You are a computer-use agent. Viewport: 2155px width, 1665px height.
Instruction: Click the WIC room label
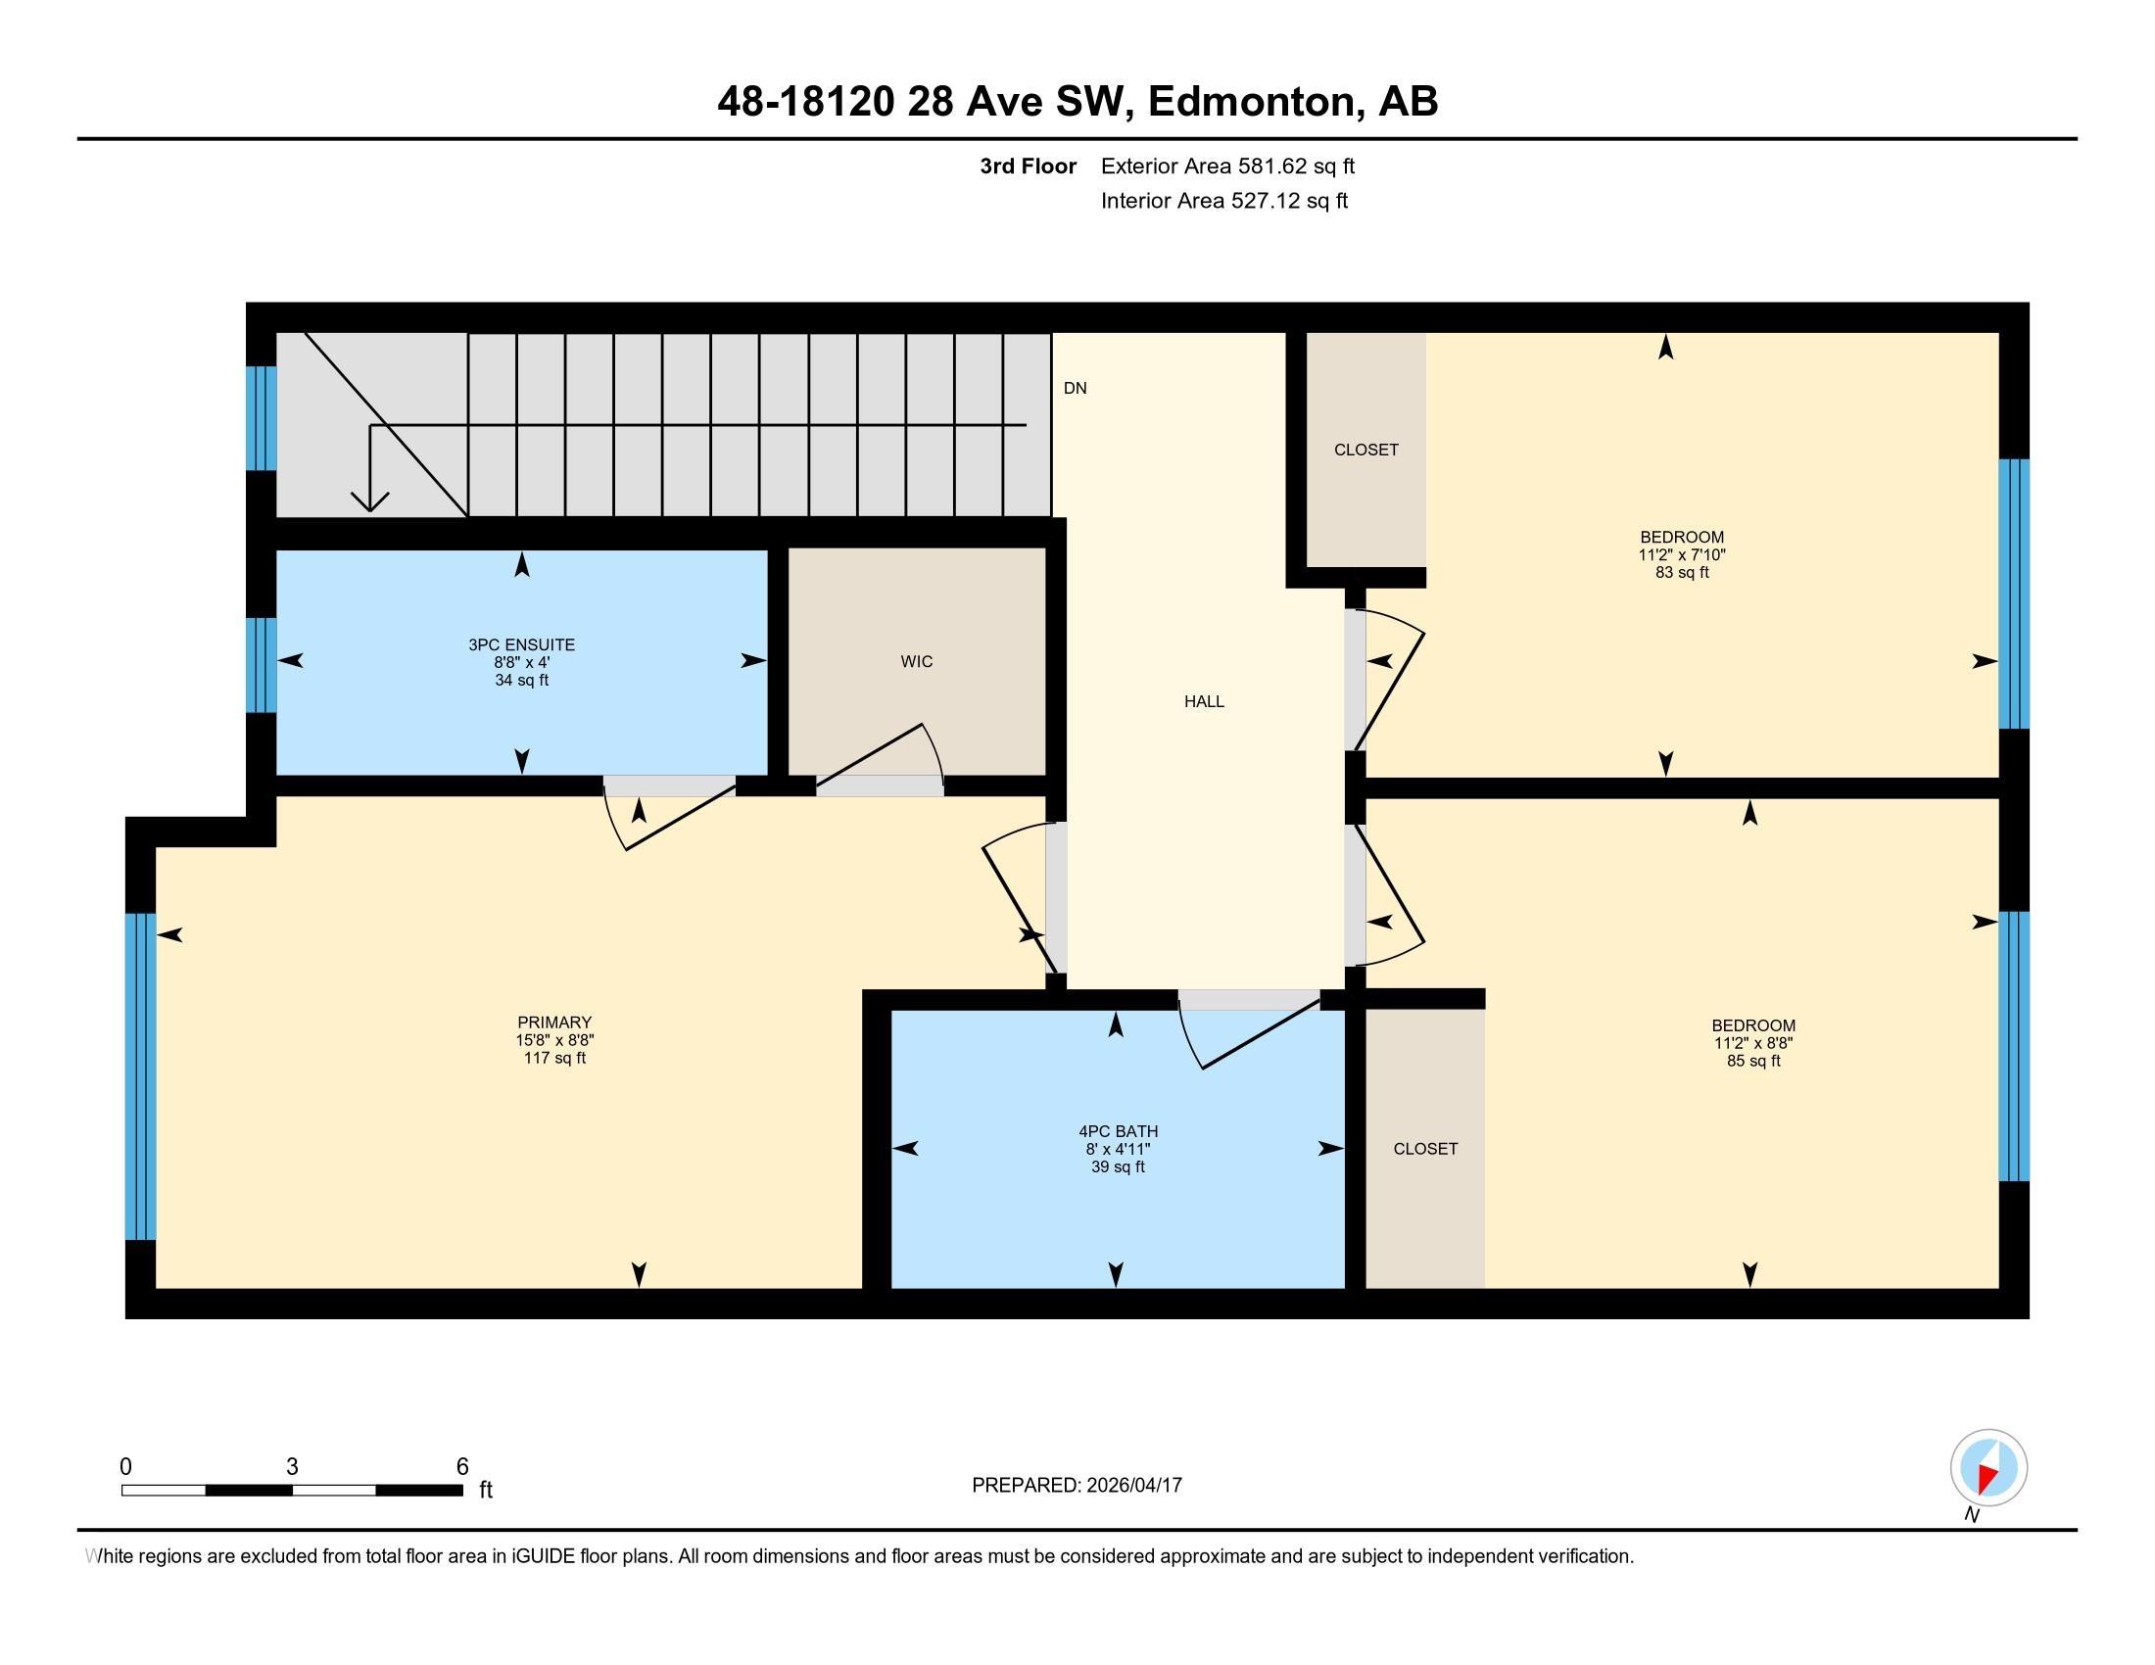point(916,661)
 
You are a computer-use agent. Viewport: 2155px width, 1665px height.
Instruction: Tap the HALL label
point(1204,701)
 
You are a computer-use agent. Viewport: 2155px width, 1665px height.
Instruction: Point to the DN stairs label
point(1075,388)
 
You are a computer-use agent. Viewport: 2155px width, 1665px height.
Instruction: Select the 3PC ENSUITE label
point(521,645)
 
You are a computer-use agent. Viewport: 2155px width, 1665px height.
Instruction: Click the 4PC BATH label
point(1118,1131)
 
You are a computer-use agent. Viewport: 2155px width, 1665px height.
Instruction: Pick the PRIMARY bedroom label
point(554,1023)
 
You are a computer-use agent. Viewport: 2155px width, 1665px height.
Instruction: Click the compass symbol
point(1988,1467)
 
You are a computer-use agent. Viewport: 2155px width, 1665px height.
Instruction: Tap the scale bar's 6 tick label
point(461,1467)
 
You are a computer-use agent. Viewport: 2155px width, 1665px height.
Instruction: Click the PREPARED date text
point(1077,1485)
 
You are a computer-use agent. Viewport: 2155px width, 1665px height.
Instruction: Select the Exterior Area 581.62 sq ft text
point(1227,166)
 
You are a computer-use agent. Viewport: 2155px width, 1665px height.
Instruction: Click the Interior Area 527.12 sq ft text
point(1224,200)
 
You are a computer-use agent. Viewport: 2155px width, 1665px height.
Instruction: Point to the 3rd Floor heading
point(1029,166)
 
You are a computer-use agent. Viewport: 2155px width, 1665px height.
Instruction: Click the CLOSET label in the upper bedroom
point(1365,450)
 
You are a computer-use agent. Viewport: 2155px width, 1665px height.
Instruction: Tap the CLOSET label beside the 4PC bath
point(1425,1148)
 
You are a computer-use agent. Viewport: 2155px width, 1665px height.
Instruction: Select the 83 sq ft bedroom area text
point(1681,572)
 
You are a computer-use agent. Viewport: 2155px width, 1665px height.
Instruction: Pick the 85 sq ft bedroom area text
point(1753,1061)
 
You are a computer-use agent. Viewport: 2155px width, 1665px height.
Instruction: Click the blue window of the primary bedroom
point(140,1076)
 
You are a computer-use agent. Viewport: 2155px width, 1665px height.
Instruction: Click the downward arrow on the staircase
point(369,468)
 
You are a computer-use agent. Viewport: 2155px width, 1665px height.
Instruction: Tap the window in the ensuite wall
point(261,665)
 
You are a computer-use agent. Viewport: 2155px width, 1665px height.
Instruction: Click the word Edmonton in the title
point(1252,102)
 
